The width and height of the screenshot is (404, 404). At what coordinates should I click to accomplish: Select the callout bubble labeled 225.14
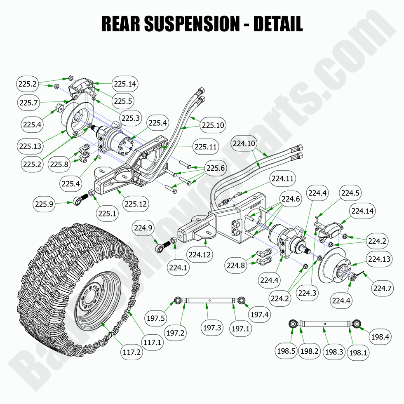point(125,84)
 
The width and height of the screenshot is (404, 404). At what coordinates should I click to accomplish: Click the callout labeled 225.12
point(136,204)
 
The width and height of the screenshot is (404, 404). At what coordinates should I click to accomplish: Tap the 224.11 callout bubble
point(283,179)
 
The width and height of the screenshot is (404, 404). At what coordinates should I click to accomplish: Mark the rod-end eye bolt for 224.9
point(160,249)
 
